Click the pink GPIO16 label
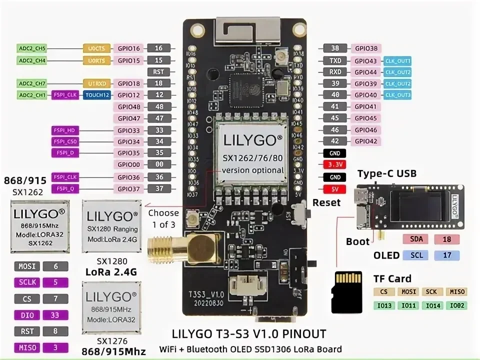pos(128,48)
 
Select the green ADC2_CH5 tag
pos(32,48)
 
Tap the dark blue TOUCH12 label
pos(97,95)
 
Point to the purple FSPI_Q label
pos(66,188)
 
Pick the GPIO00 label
pos(128,164)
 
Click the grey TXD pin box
pos(335,61)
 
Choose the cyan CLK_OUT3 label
pos(397,95)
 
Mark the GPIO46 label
pos(365,129)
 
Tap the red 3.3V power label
pos(335,164)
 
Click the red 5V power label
pos(335,189)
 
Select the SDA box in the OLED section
pos(416,239)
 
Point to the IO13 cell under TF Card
pos(383,305)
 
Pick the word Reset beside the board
pos(326,202)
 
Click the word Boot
pos(357,241)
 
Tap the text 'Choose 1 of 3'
pos(163,219)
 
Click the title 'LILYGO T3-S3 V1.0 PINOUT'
pos(248,333)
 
